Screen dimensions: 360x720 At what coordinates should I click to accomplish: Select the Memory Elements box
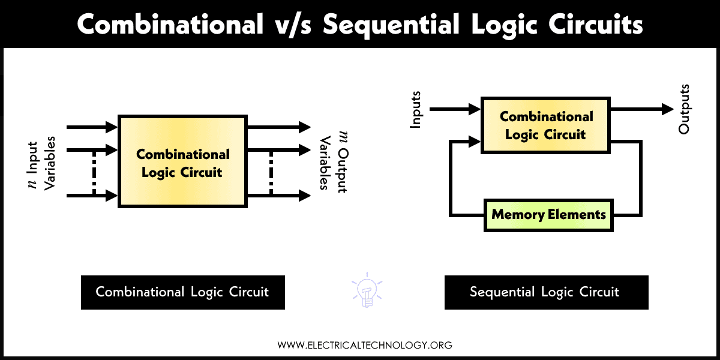(x=548, y=214)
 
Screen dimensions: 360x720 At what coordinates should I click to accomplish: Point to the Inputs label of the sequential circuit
(x=415, y=109)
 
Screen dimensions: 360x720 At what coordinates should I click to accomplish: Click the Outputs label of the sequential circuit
(x=684, y=109)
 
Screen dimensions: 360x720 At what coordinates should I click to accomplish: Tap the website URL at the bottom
(x=364, y=345)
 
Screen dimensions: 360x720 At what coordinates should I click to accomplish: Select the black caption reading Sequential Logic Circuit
(x=546, y=292)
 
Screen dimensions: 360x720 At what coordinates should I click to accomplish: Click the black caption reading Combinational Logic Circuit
(x=182, y=292)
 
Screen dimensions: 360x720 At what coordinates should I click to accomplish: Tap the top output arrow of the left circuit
(x=278, y=127)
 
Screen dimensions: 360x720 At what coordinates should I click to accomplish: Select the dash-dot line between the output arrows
(x=271, y=173)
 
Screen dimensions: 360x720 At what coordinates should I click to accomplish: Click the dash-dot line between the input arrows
(x=94, y=173)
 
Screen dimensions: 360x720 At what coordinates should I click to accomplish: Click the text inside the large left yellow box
(x=182, y=163)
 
